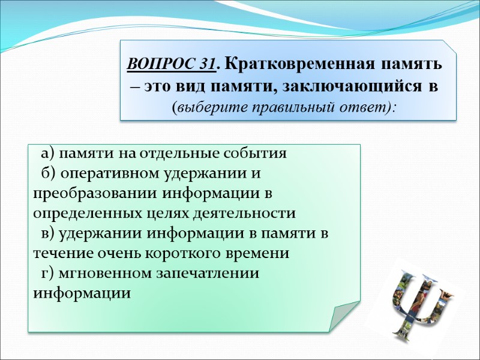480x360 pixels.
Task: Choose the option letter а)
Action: (x=48, y=153)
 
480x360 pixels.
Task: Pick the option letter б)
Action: (x=48, y=173)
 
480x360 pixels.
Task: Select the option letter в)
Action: (x=47, y=233)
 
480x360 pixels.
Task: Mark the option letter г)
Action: (x=47, y=273)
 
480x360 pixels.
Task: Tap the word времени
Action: (x=260, y=253)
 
